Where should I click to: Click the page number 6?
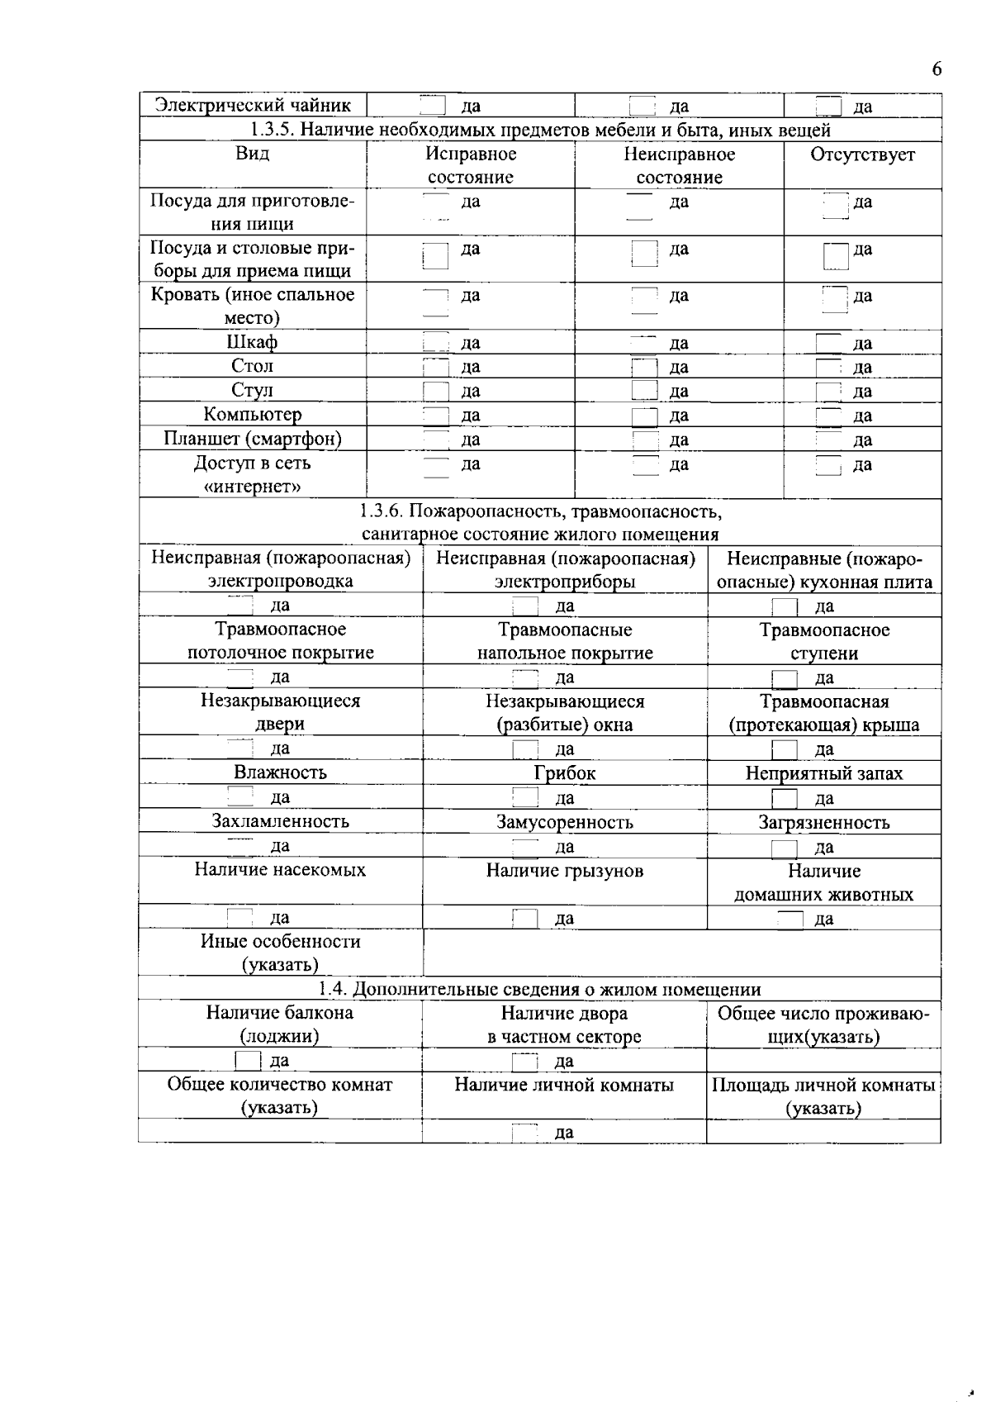coord(936,69)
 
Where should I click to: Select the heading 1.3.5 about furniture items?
coord(540,130)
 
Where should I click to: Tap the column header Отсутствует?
coord(862,154)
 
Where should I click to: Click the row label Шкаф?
coord(252,342)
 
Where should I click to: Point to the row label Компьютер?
coord(252,414)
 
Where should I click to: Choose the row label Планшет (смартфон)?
coord(252,438)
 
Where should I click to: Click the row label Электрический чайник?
coord(254,105)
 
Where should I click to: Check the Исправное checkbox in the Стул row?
coord(435,391)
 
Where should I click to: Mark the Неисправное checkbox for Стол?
coord(644,367)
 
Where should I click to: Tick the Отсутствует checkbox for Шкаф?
coord(828,343)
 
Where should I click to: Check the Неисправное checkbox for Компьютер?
coord(644,415)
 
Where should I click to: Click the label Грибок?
coord(564,773)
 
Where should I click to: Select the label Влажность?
coord(280,772)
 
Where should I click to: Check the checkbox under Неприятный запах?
coord(784,798)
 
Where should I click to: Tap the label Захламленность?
coord(280,821)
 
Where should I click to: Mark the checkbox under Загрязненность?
coord(784,848)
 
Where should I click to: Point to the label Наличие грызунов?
coord(564,871)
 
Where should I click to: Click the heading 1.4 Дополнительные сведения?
coord(540,989)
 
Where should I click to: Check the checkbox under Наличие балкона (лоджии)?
coord(248,1060)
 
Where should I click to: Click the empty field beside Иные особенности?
coord(681,953)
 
